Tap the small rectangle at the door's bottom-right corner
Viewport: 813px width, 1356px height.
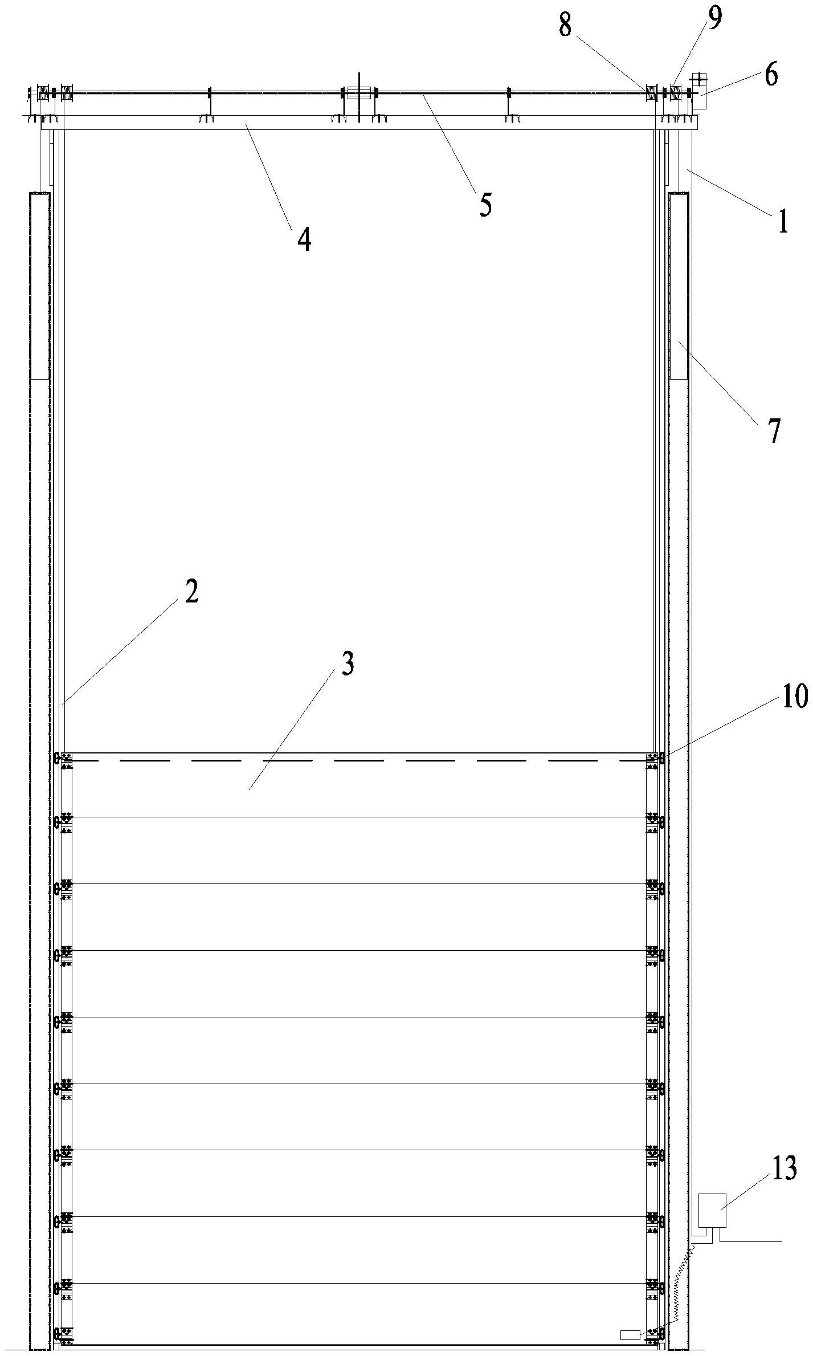point(630,1334)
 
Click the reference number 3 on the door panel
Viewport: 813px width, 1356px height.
point(348,664)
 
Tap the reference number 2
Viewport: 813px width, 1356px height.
point(191,593)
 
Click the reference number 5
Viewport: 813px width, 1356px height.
point(485,204)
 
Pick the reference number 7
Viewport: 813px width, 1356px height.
point(774,431)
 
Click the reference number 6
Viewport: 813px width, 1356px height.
point(770,74)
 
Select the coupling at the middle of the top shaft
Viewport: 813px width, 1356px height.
point(359,92)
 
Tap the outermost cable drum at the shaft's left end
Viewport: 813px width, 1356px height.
point(41,92)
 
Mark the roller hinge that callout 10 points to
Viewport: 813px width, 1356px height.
point(662,758)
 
